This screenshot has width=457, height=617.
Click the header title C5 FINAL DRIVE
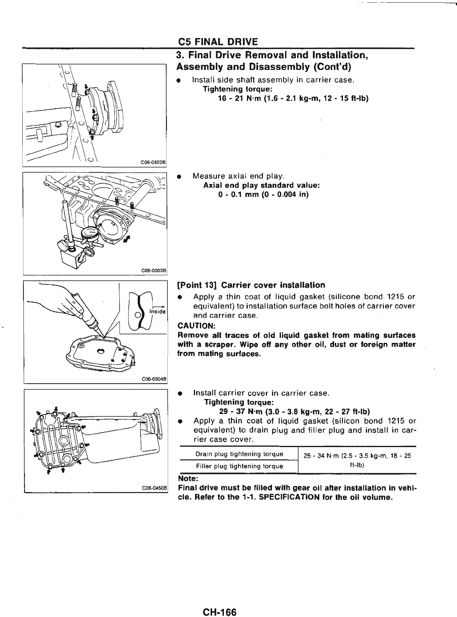218,42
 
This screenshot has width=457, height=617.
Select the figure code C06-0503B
153,270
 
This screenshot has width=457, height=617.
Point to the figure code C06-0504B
153,379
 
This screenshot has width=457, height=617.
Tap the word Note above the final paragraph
188,479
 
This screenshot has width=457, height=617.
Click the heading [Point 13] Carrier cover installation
251,285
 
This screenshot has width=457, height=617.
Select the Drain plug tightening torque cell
239,454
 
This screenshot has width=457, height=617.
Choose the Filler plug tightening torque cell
239,466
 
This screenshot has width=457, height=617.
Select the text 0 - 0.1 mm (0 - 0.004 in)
263,195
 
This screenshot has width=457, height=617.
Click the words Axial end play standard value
262,185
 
